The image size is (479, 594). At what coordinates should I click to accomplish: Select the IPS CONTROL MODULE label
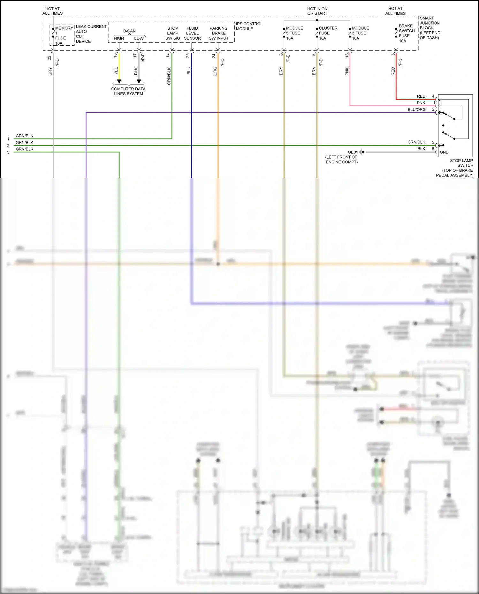[x=249, y=26]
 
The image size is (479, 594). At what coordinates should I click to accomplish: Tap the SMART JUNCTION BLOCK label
[x=430, y=28]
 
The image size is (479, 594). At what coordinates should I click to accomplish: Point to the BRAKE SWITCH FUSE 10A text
[x=407, y=33]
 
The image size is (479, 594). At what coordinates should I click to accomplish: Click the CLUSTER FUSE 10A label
[x=328, y=33]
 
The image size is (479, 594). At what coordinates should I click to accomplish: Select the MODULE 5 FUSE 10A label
[x=294, y=33]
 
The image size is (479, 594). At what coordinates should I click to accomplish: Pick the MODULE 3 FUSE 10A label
[x=360, y=33]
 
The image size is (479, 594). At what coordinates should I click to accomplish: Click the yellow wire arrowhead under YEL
[x=119, y=81]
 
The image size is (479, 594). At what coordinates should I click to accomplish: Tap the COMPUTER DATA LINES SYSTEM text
[x=128, y=91]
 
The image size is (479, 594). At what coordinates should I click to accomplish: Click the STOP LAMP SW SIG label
[x=172, y=33]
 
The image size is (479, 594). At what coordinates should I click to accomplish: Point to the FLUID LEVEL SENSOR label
[x=192, y=33]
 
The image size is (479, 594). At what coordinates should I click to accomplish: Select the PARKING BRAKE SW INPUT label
[x=218, y=33]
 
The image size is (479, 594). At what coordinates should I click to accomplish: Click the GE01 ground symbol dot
[x=363, y=152]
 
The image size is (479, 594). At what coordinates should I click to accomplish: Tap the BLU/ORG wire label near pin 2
[x=416, y=109]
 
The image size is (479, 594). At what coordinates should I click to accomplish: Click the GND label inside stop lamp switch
[x=444, y=152]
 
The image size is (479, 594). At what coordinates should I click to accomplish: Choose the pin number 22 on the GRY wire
[x=49, y=58]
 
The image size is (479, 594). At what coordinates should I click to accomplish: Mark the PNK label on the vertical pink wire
[x=347, y=71]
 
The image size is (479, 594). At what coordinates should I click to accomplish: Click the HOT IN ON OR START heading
[x=317, y=11]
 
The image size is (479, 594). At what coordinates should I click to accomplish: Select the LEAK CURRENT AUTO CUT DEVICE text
[x=91, y=34]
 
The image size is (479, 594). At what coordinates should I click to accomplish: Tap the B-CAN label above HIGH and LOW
[x=129, y=31]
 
